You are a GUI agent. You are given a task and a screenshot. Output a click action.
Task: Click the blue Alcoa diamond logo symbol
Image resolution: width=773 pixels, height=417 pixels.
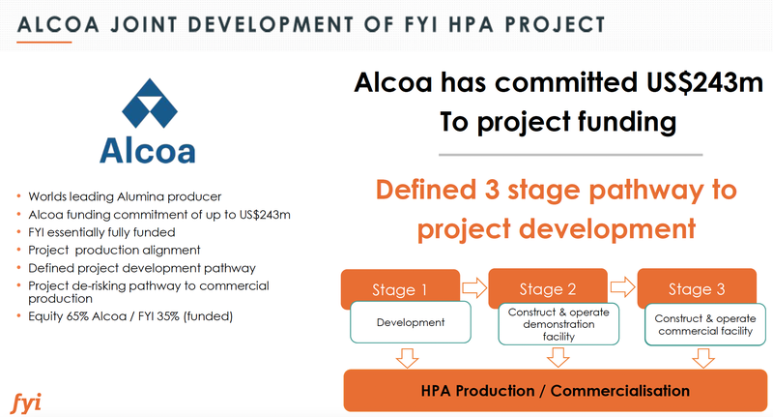pyautogui.click(x=150, y=104)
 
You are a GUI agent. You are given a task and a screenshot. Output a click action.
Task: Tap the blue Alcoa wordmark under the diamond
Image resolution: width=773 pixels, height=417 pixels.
pyautogui.click(x=148, y=151)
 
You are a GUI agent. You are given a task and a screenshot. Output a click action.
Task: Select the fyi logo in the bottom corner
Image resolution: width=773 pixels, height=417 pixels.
pyautogui.click(x=26, y=403)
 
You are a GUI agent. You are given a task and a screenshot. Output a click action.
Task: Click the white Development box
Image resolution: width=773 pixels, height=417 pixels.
pyautogui.click(x=410, y=322)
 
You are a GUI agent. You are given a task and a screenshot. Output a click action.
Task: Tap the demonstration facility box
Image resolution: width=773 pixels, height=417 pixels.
pyautogui.click(x=558, y=324)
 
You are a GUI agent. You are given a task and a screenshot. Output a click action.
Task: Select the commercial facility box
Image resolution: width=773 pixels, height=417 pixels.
pyautogui.click(x=705, y=324)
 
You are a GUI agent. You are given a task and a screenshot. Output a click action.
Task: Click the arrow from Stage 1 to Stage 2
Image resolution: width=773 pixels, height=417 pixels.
pyautogui.click(x=474, y=286)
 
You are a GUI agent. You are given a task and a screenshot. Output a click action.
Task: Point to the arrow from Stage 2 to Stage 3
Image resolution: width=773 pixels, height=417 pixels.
pyautogui.click(x=622, y=286)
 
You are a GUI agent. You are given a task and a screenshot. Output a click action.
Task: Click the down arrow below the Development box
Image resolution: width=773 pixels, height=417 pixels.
pyautogui.click(x=407, y=358)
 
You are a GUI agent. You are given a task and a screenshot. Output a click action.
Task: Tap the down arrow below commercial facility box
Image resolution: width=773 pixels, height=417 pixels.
pyautogui.click(x=703, y=358)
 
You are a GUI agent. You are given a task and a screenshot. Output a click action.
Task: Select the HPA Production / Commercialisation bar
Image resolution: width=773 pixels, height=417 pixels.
pyautogui.click(x=555, y=390)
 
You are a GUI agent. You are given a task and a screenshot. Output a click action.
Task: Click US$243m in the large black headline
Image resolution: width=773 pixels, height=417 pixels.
pyautogui.click(x=705, y=82)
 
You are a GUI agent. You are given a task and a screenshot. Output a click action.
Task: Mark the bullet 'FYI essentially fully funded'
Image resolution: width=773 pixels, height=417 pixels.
pyautogui.click(x=101, y=232)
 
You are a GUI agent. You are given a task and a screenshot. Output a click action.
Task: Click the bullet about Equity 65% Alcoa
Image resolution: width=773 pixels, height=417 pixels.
pyautogui.click(x=130, y=315)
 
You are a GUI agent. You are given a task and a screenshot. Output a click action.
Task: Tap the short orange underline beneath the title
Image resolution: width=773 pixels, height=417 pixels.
pyautogui.click(x=43, y=42)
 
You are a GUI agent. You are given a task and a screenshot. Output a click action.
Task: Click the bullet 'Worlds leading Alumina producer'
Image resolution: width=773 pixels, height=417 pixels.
pyautogui.click(x=125, y=196)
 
